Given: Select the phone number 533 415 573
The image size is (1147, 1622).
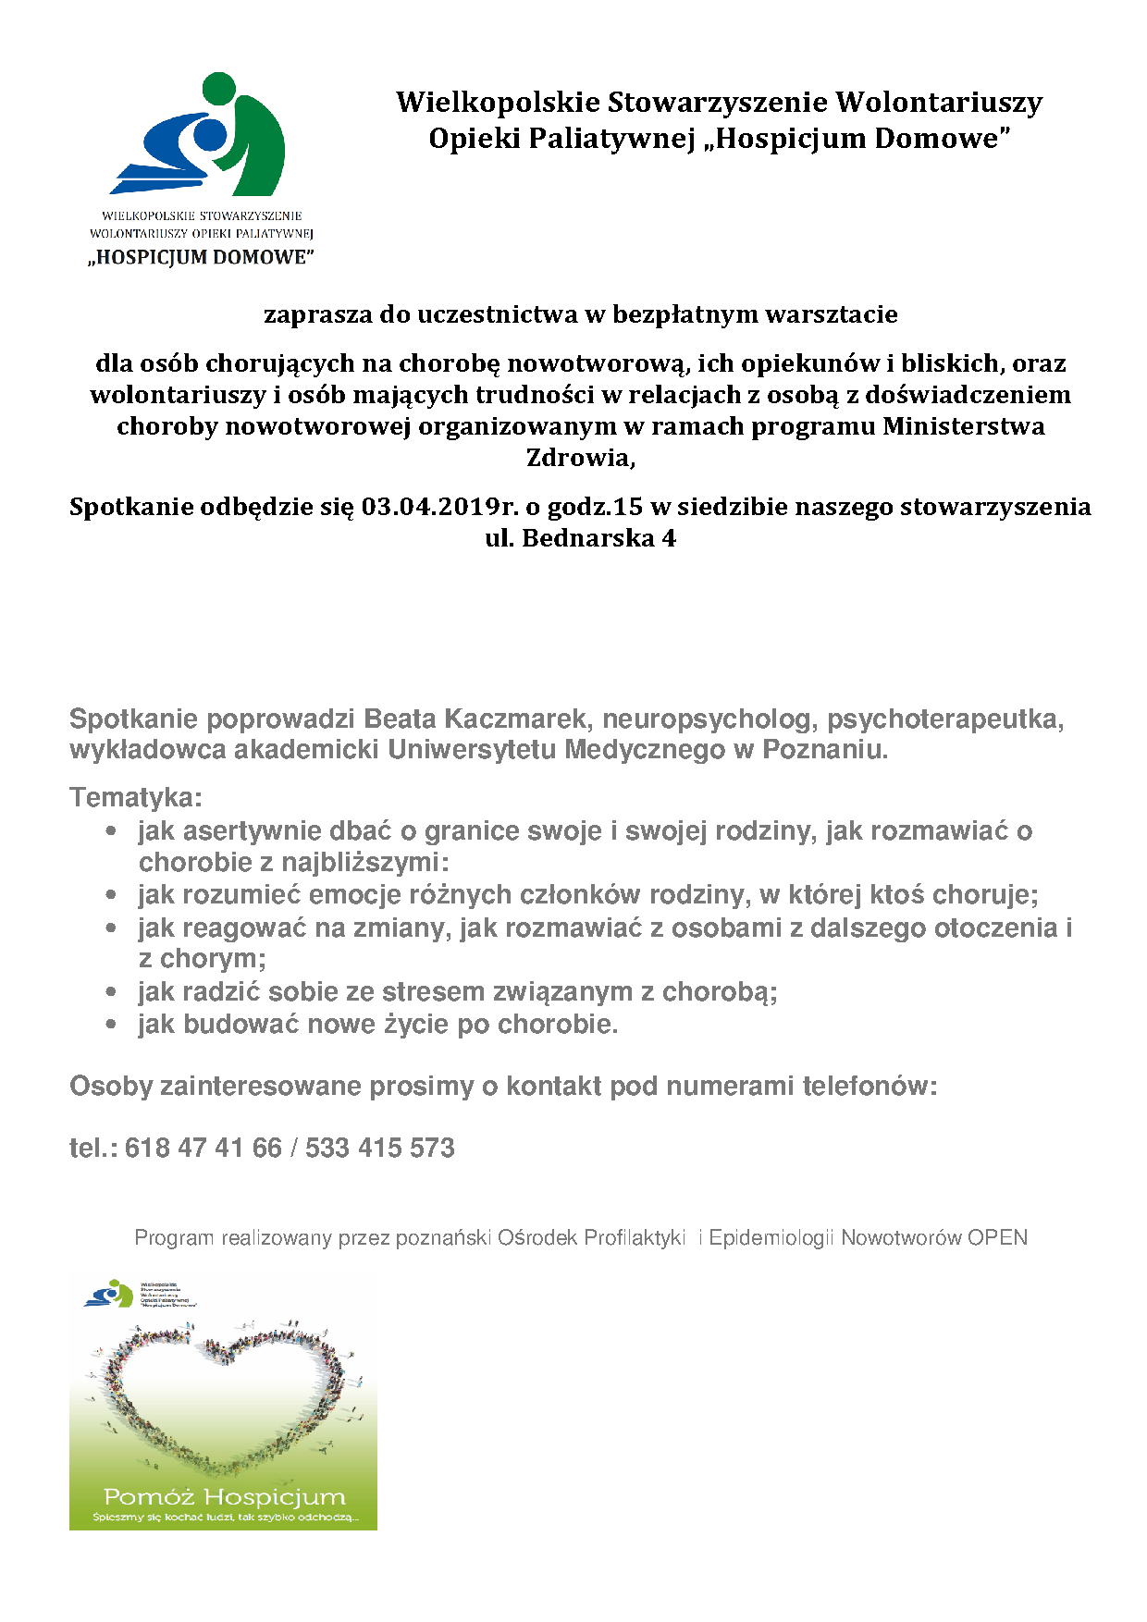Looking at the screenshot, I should (380, 1148).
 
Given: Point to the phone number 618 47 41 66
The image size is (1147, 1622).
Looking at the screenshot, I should (203, 1148).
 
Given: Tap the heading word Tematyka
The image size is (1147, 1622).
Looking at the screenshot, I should (134, 797).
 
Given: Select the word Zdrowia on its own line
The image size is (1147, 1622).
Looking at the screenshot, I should (579, 458).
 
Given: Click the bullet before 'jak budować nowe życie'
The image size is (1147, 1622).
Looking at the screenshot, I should (112, 1025).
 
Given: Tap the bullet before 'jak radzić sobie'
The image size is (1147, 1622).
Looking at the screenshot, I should (112, 992).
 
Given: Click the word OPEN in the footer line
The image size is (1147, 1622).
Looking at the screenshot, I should (997, 1237).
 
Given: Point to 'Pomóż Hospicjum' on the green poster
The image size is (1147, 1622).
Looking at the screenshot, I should (224, 1497).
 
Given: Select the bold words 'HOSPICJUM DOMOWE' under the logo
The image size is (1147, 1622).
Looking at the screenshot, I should (202, 257).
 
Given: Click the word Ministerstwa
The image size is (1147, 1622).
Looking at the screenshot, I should (964, 426).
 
